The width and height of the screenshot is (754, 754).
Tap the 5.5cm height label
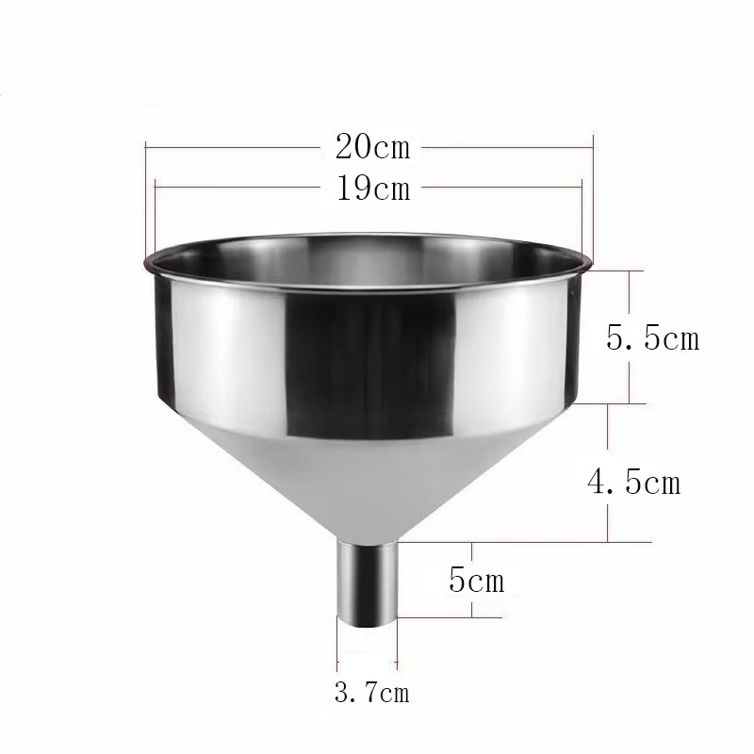pos(653,337)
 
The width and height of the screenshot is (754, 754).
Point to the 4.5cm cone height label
pos(633,483)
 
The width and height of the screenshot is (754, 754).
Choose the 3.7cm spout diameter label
pos(372,695)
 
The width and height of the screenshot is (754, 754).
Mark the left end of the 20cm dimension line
pos(146,147)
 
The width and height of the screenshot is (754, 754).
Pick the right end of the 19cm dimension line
pos(583,188)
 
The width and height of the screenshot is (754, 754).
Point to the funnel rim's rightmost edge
pos(594,260)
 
